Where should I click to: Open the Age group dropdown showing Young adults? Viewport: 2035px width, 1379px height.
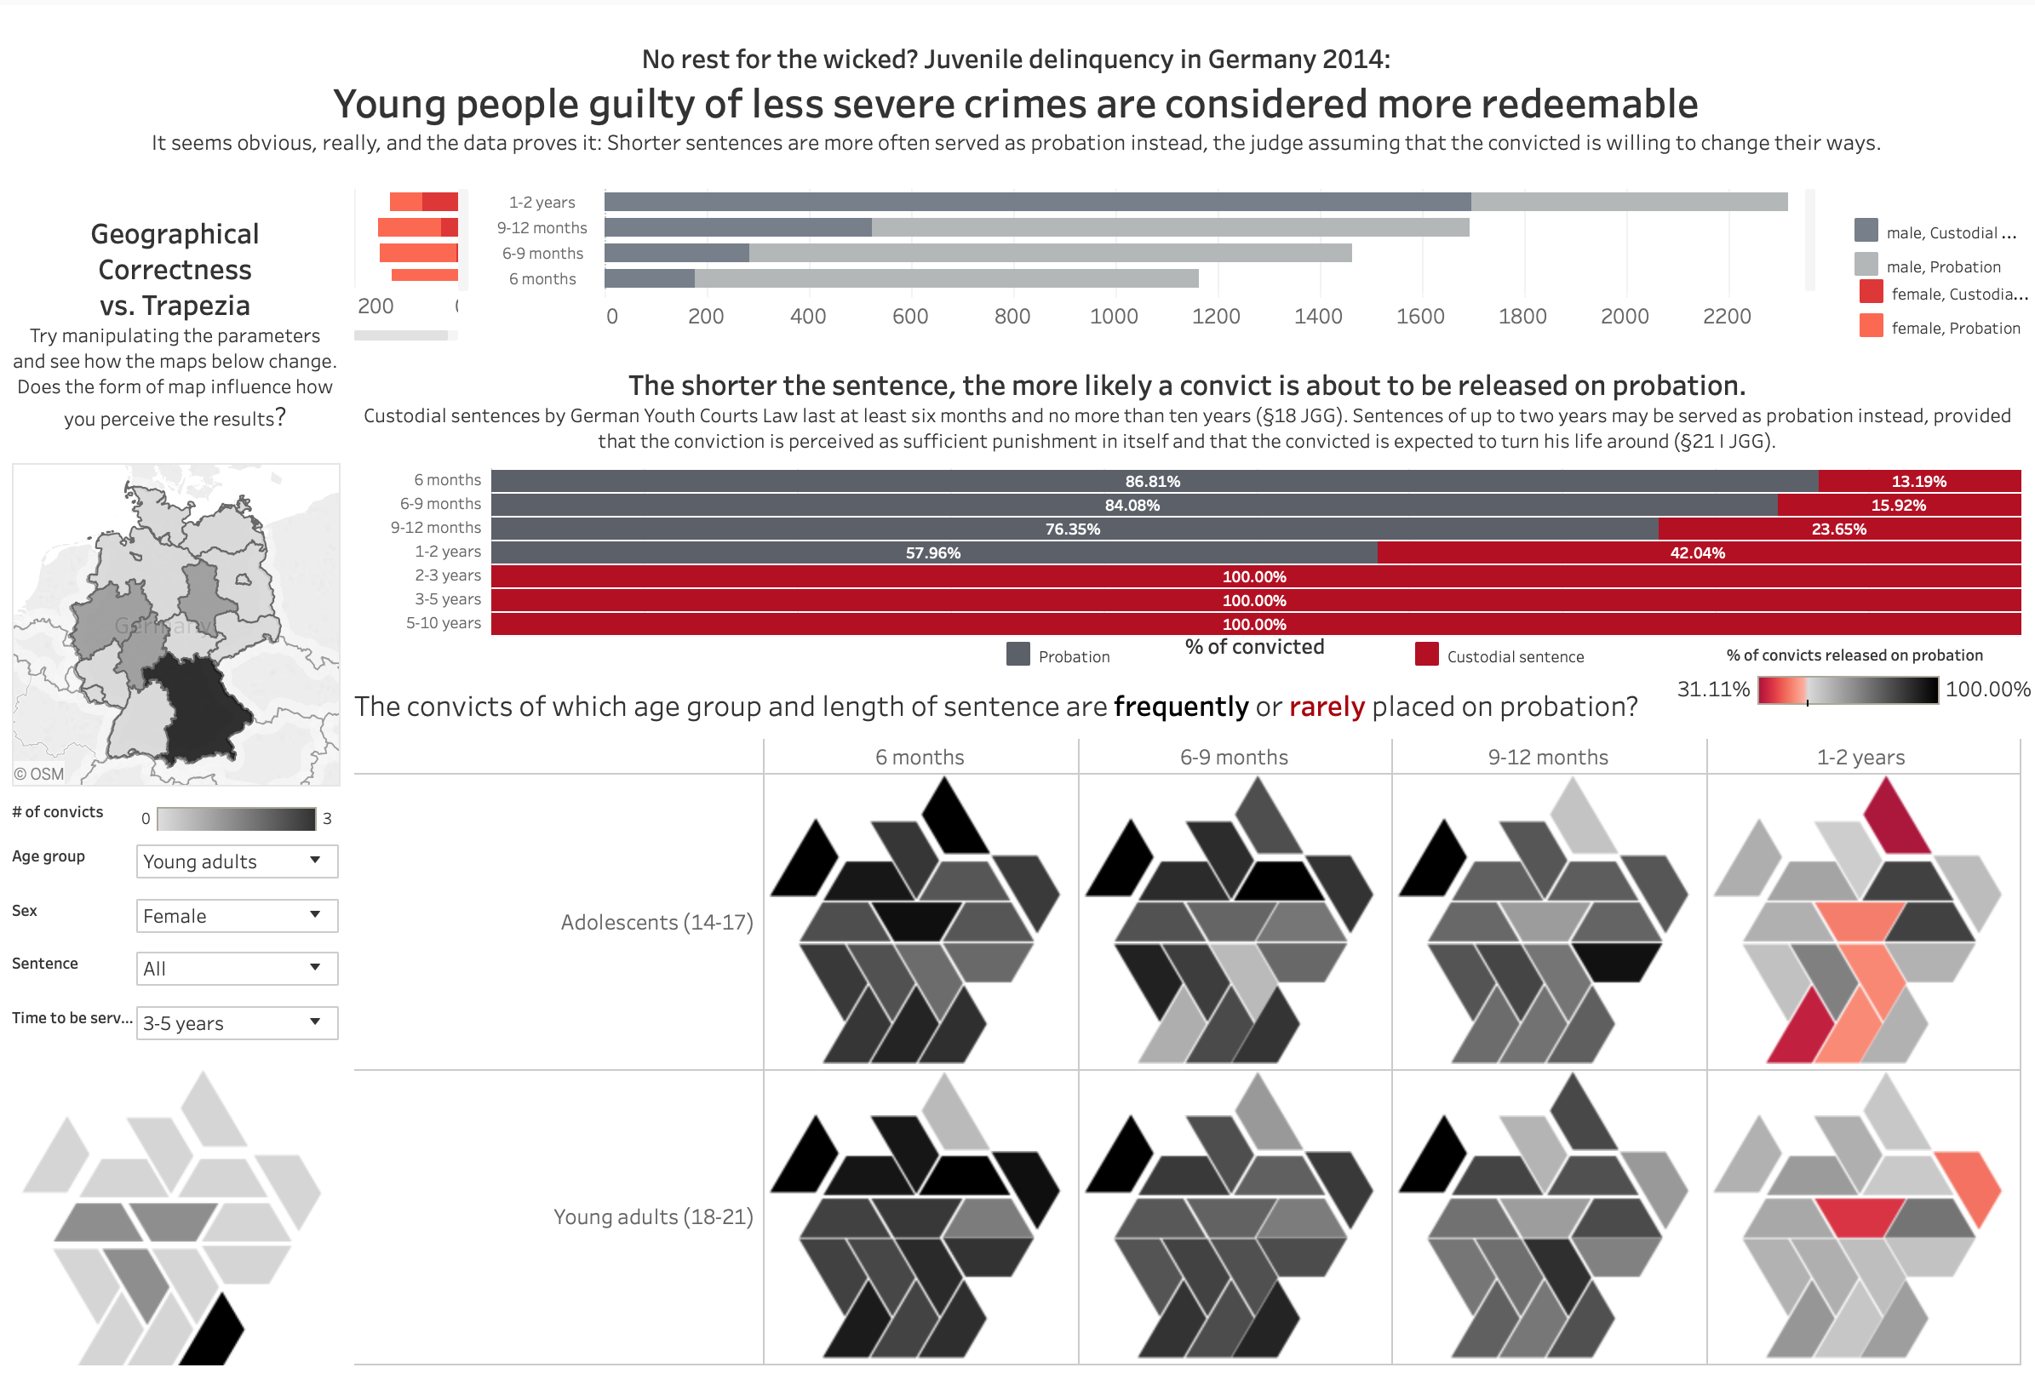pyautogui.click(x=237, y=861)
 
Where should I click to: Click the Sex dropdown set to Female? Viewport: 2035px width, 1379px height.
pyautogui.click(x=237, y=915)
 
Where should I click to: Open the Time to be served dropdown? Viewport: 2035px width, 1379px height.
pyautogui.click(x=237, y=1021)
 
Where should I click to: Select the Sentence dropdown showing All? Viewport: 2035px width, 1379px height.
pyautogui.click(x=237, y=968)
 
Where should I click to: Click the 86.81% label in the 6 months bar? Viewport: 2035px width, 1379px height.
pyautogui.click(x=1152, y=481)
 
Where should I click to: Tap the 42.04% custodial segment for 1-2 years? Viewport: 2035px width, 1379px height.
pyautogui.click(x=1697, y=552)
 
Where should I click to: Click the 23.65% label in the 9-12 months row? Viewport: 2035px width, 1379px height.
pyautogui.click(x=1838, y=529)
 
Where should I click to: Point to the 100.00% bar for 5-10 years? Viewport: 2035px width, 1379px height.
pyautogui.click(x=1254, y=624)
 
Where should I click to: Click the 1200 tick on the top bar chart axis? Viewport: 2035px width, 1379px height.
pyautogui.click(x=1215, y=316)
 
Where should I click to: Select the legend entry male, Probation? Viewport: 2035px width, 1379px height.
pyautogui.click(x=1943, y=266)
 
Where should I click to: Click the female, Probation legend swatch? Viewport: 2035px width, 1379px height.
pyautogui.click(x=1871, y=326)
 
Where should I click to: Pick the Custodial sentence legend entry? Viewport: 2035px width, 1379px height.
pyautogui.click(x=1514, y=656)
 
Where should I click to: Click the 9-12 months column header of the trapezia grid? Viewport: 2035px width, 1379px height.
pyautogui.click(x=1547, y=757)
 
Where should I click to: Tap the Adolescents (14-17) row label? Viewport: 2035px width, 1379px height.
pyautogui.click(x=656, y=922)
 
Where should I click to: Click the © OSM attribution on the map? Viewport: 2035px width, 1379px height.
pyautogui.click(x=39, y=774)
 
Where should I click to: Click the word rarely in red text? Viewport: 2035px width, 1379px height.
pyautogui.click(x=1326, y=707)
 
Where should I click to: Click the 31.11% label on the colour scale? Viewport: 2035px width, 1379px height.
pyautogui.click(x=1713, y=689)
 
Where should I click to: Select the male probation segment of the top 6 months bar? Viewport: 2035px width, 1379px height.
pyautogui.click(x=946, y=278)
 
